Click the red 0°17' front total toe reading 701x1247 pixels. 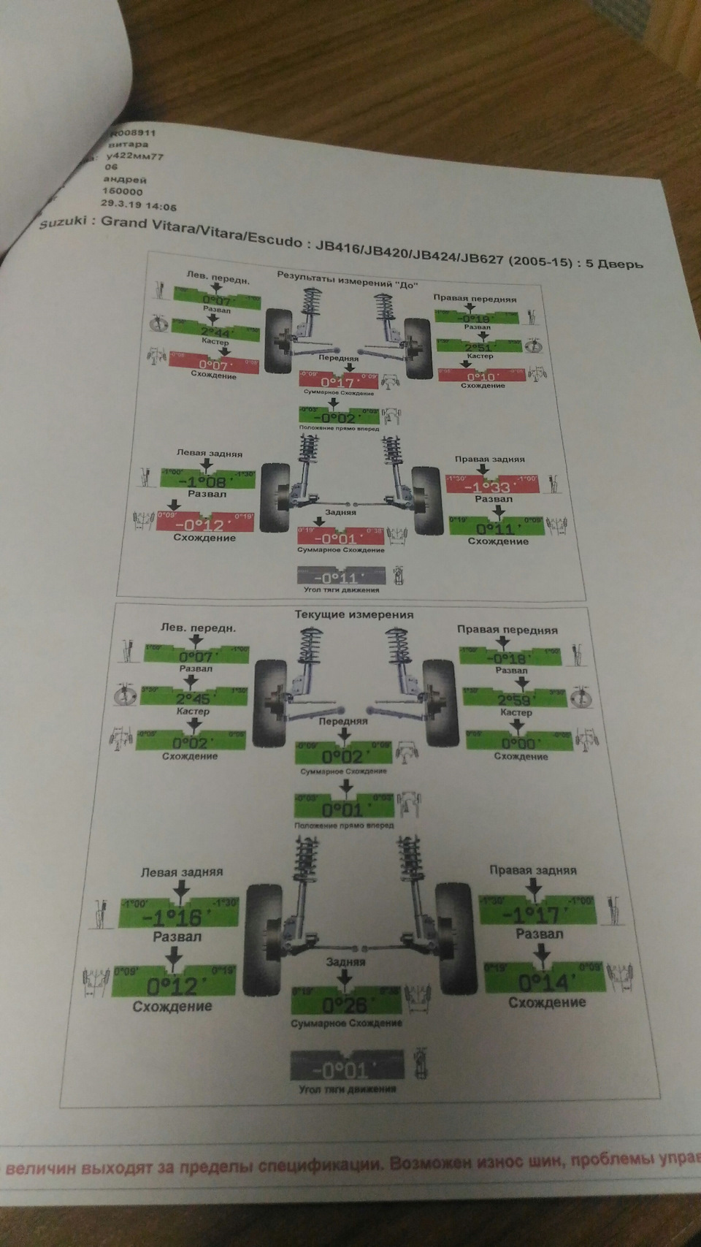pos(337,381)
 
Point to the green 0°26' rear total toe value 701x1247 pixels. pos(345,1004)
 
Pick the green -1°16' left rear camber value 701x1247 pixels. pos(177,918)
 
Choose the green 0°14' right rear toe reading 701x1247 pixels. pos(544,981)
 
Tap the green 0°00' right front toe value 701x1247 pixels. pos(518,743)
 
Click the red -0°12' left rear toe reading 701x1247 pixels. pos(205,524)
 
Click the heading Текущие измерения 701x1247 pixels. pos(353,614)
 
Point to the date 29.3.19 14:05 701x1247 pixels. pos(139,207)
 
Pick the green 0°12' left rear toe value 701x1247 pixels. pos(173,986)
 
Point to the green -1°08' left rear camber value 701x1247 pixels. pos(209,482)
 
